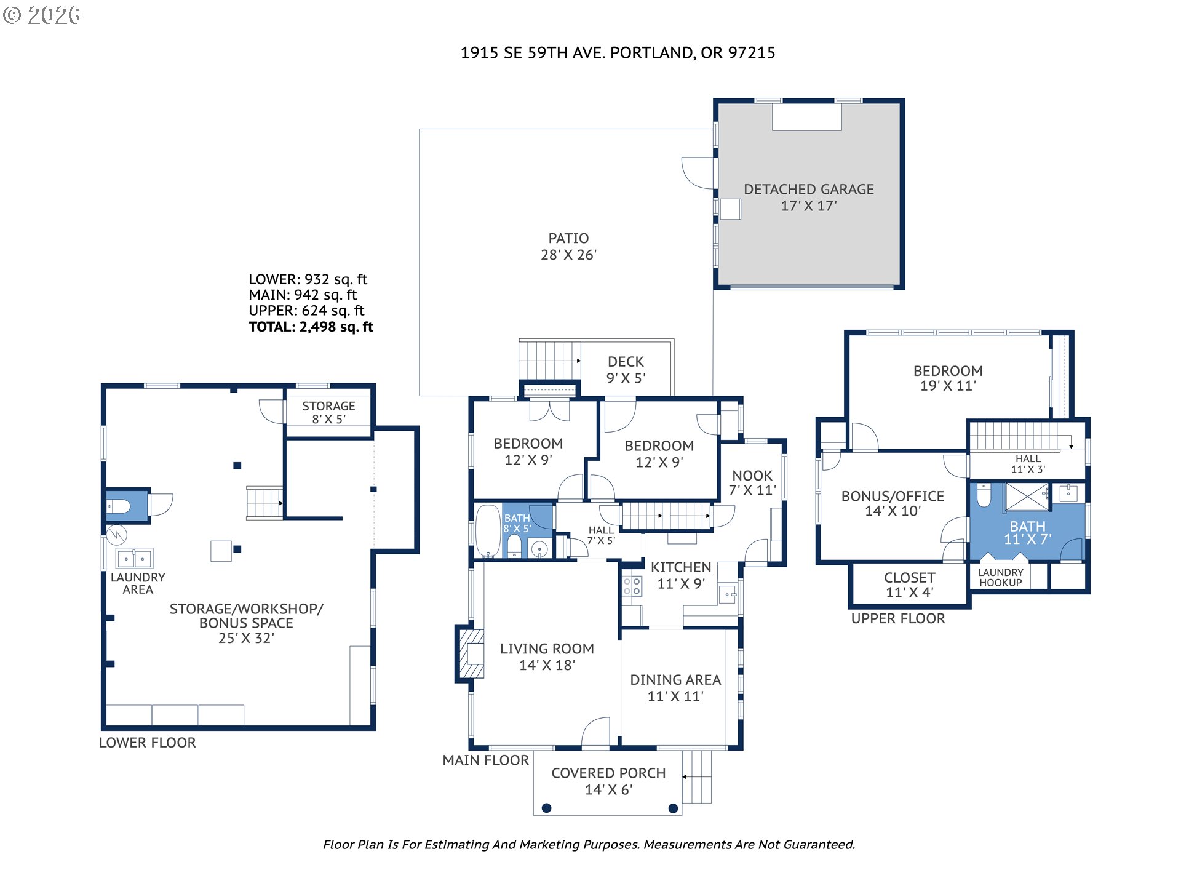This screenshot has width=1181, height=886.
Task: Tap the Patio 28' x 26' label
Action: coord(569,247)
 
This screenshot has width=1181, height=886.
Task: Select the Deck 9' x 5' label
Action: coord(626,370)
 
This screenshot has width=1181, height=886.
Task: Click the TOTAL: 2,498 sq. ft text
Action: coord(311,327)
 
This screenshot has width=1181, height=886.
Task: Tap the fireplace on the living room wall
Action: coord(471,653)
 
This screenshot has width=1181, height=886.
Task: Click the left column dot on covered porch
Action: coord(546,808)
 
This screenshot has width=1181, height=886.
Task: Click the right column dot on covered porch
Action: coord(673,808)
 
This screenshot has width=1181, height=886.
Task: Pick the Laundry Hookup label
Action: coord(1001,577)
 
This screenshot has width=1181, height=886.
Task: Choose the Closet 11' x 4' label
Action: coord(910,585)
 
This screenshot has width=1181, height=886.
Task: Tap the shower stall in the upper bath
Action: coord(1027,497)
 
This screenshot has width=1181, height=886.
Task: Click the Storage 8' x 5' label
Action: coord(328,412)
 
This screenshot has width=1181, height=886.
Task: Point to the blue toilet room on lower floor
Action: coord(127,506)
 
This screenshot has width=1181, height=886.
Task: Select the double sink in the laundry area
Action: coord(135,559)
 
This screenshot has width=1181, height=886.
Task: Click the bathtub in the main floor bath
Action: coord(488,531)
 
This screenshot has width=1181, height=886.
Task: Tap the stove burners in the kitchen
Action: coord(632,586)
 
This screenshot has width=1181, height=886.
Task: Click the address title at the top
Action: coord(618,53)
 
